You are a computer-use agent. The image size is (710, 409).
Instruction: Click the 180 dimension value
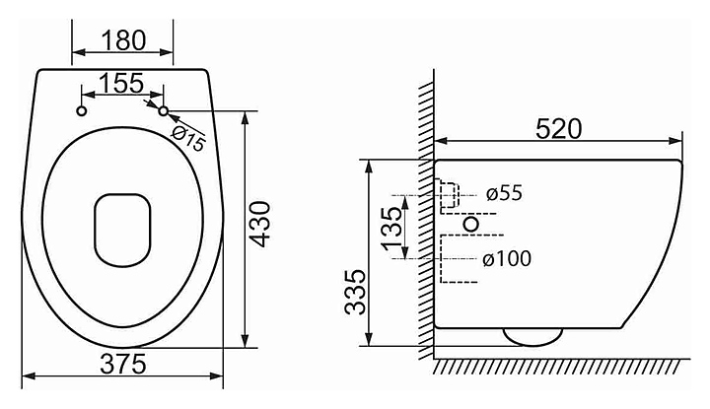123,40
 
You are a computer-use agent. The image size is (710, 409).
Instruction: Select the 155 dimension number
121,83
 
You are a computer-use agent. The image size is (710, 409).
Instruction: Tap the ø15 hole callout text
188,138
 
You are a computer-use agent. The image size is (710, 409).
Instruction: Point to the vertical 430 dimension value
260,225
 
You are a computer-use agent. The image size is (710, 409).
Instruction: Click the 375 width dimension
123,365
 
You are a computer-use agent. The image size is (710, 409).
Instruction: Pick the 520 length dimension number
558,129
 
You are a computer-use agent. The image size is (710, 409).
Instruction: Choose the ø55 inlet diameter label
504,193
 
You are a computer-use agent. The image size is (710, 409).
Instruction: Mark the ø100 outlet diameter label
507,259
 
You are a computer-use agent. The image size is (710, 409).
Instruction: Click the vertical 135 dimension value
391,229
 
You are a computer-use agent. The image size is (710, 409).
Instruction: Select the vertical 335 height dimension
355,292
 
